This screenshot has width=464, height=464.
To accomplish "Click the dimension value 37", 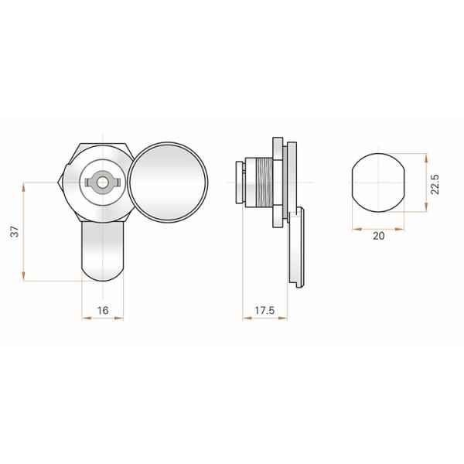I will click(14, 232).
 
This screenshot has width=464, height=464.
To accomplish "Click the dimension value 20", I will click(378, 237).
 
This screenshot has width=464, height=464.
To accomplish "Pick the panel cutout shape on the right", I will click(378, 183).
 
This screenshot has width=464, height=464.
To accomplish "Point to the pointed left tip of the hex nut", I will click(60, 183).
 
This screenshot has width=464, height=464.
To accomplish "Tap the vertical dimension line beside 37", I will click(25, 232).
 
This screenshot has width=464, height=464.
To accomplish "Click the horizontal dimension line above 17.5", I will click(264, 319).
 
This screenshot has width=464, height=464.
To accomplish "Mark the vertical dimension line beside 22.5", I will click(425, 183).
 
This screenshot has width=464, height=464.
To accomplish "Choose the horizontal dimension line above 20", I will click(378, 228).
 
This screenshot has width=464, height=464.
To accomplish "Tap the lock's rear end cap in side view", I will click(238, 183).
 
